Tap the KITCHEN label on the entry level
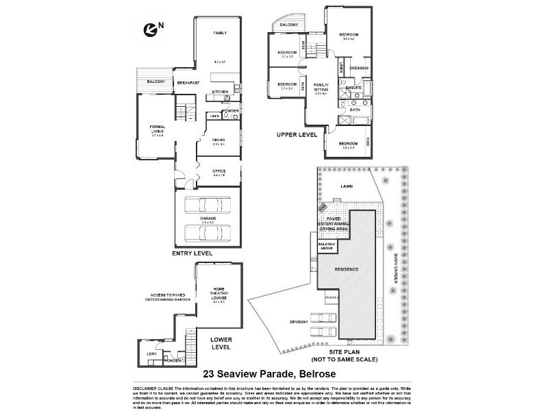[220, 92]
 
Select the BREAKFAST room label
[188, 83]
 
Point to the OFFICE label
[219, 172]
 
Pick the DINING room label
[219, 140]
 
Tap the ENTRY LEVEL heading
[192, 253]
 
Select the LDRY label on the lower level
[151, 353]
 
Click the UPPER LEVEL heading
[297, 135]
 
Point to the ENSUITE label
[354, 88]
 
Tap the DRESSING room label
[359, 68]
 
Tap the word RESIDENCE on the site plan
[346, 269]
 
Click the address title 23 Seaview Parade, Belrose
[273, 374]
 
